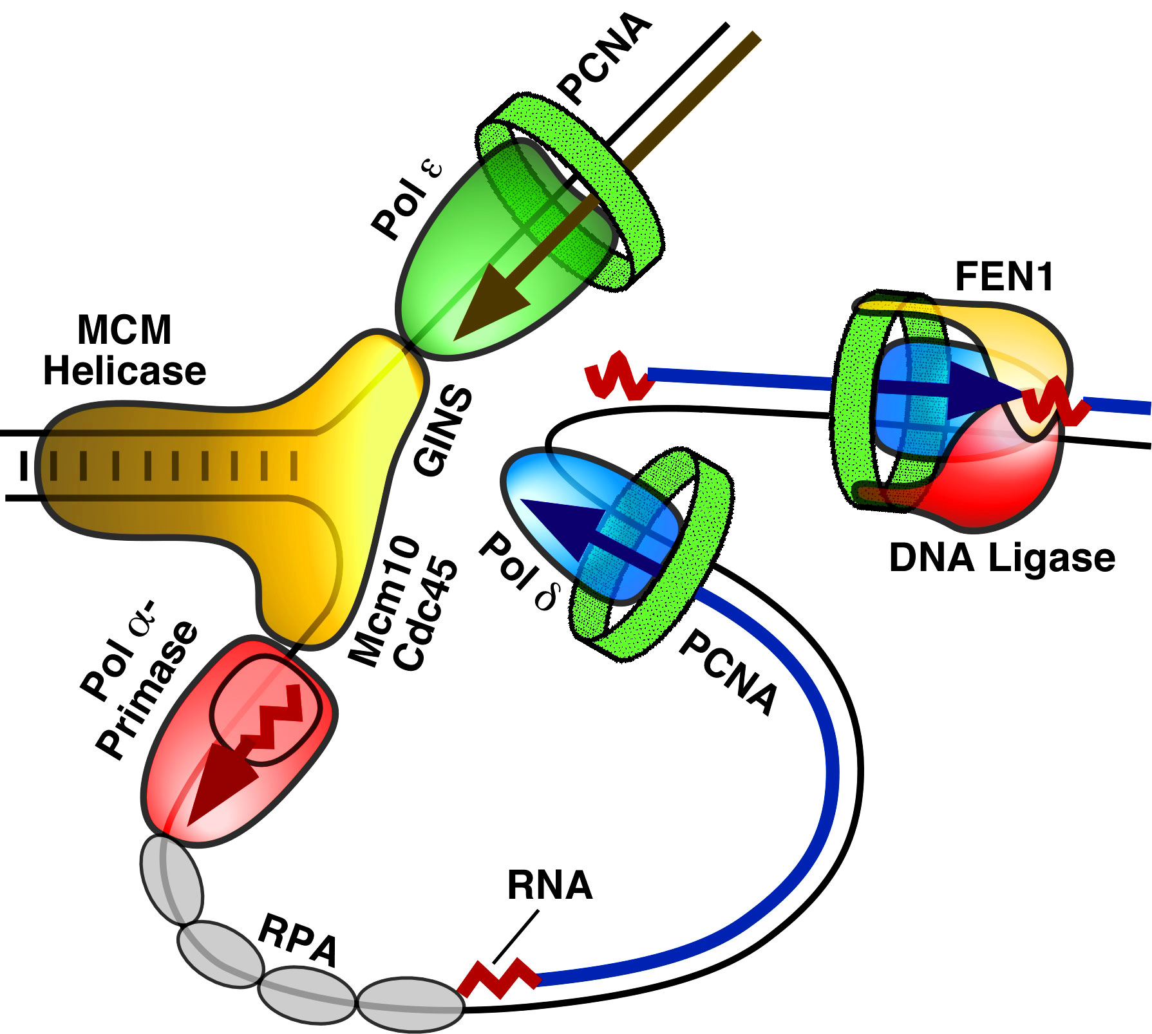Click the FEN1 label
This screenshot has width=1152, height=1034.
click(1003, 277)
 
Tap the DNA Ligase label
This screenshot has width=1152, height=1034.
click(1002, 558)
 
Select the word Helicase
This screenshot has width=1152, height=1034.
click(124, 371)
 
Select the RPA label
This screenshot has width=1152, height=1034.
click(297, 940)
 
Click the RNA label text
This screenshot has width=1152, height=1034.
click(549, 885)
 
